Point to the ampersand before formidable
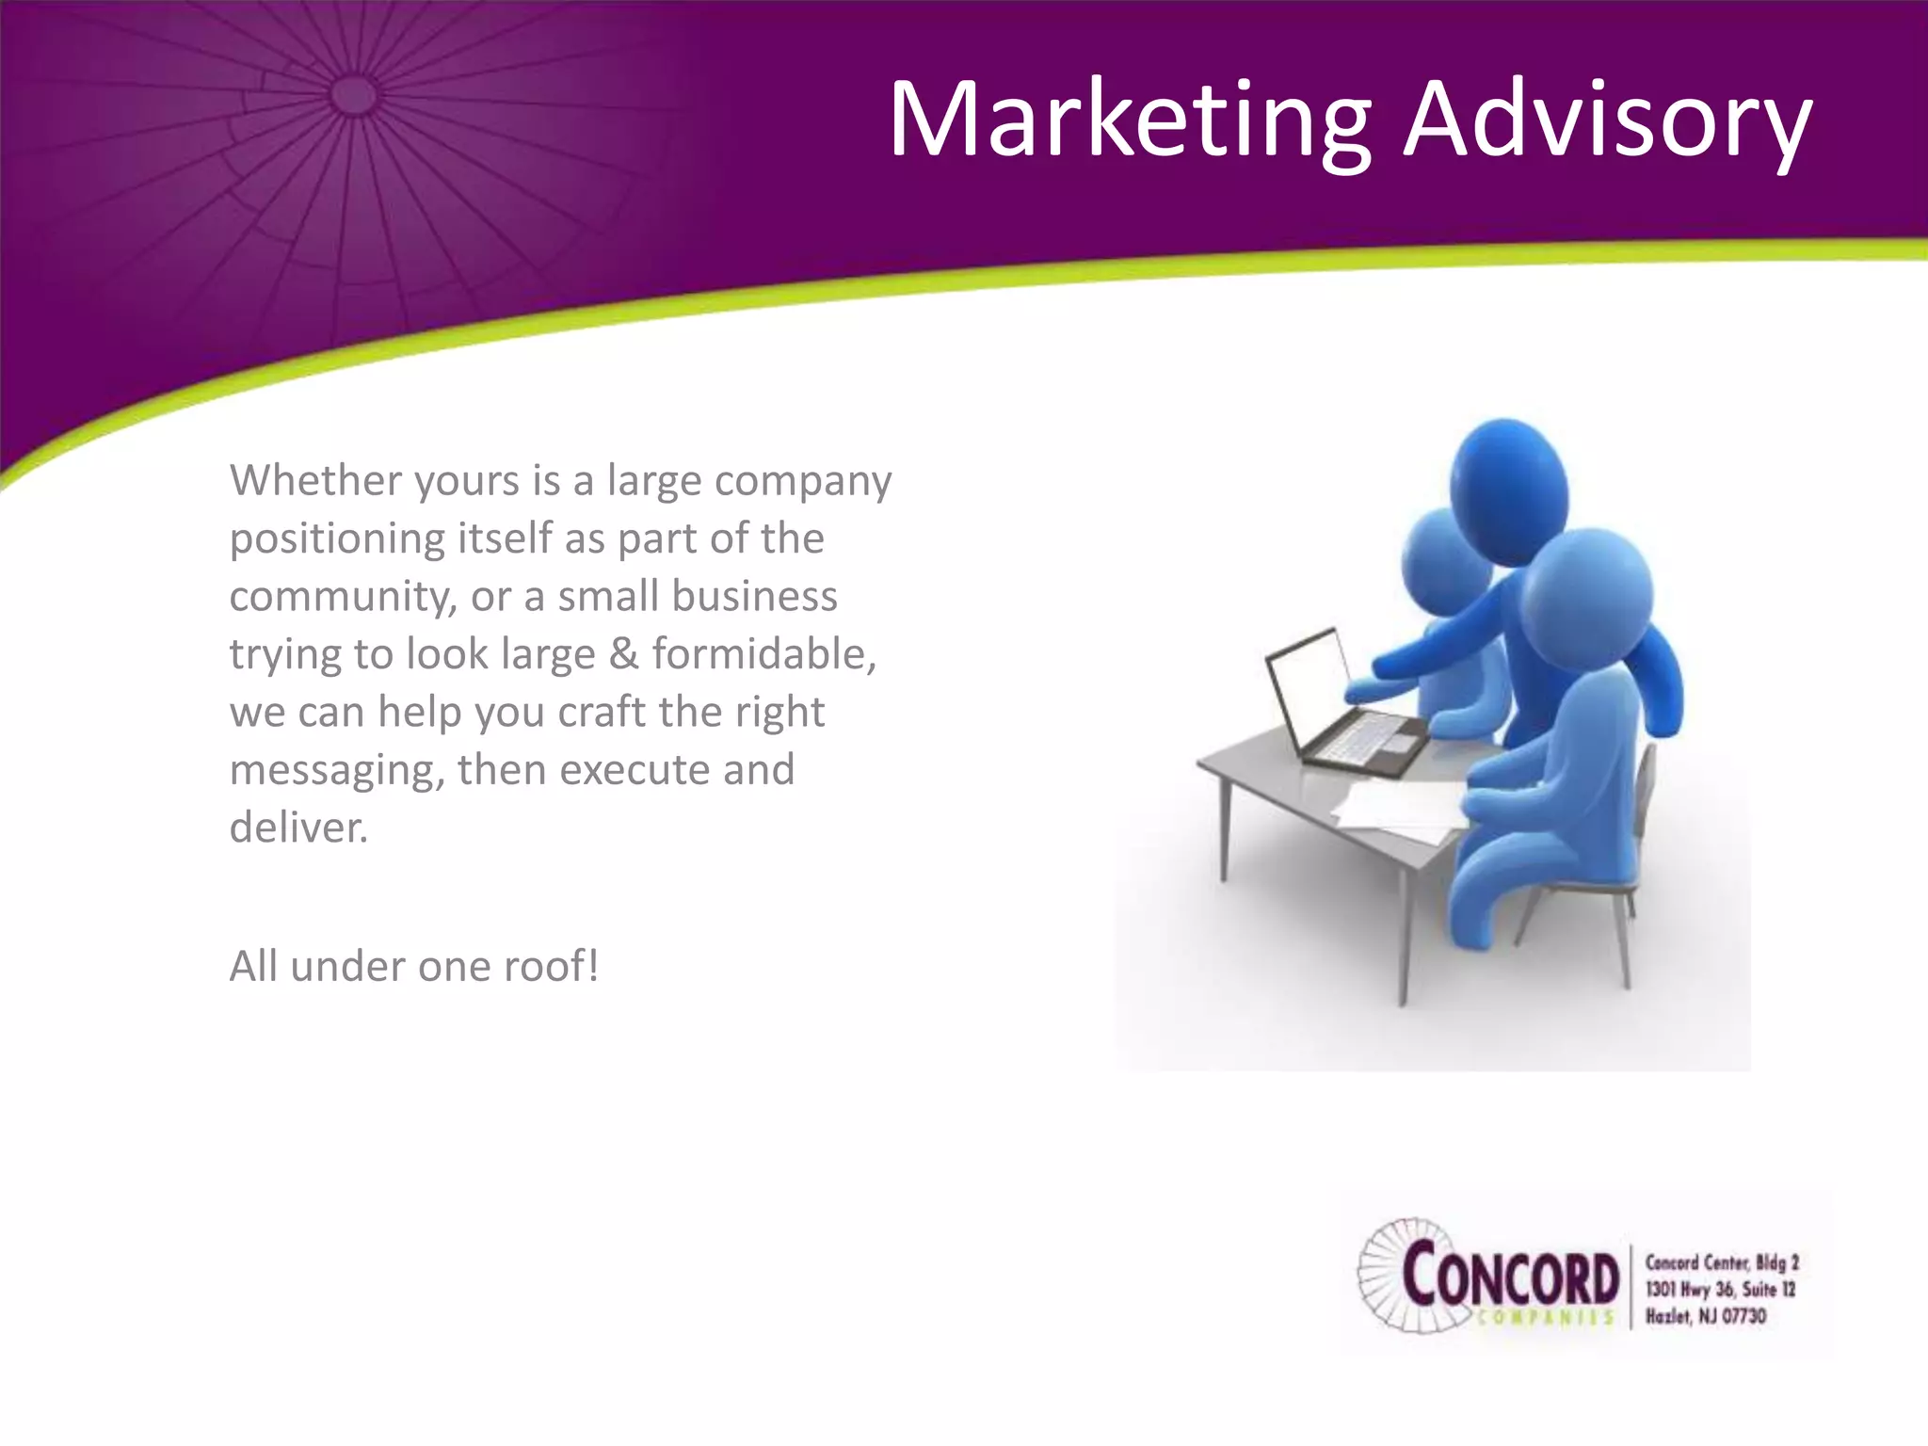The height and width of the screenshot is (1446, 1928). pos(623,654)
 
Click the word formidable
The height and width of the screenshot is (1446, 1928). pos(763,654)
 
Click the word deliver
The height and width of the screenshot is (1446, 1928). pos(297,827)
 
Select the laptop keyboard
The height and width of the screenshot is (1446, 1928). pos(1365,744)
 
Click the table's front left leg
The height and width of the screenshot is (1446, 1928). pos(1224,828)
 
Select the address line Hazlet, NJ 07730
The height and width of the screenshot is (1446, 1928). pos(1706,1316)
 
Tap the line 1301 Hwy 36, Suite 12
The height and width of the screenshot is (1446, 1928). pos(1720,1289)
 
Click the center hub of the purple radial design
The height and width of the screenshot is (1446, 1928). pos(355,95)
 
